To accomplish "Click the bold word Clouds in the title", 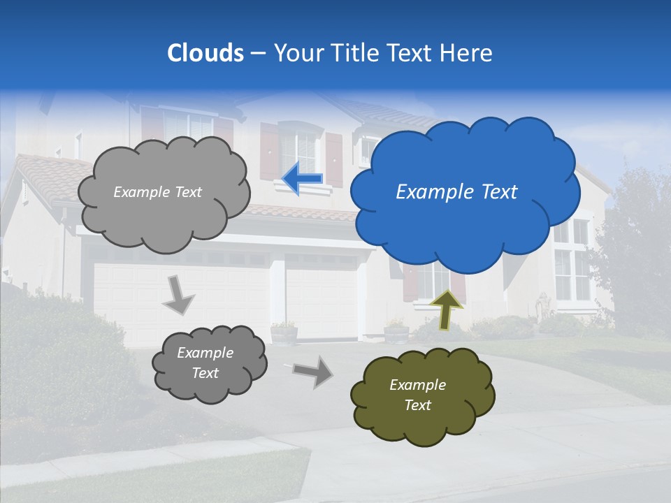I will click(205, 53).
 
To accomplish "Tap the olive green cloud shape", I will click(423, 395).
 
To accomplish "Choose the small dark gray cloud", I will click(210, 363).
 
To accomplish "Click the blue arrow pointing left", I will click(303, 179).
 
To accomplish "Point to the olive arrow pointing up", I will click(447, 309).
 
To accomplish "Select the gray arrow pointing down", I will click(180, 294).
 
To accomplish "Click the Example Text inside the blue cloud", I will click(456, 192).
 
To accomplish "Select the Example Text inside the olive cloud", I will click(417, 395).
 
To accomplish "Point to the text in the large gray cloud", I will click(157, 192).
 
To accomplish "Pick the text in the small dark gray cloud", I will click(205, 363).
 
